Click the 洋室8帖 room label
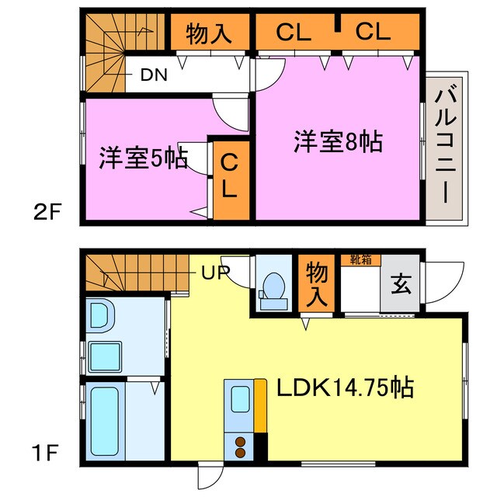(x=337, y=142)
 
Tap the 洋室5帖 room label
(x=142, y=158)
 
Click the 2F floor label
(x=48, y=211)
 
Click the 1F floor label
(x=48, y=450)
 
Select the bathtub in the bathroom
(x=105, y=422)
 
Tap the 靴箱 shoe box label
(x=361, y=260)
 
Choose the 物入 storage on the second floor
(x=209, y=34)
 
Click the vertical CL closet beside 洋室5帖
(x=231, y=177)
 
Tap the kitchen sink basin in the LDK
(x=239, y=399)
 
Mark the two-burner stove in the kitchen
(x=240, y=447)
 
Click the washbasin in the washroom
(x=101, y=315)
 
